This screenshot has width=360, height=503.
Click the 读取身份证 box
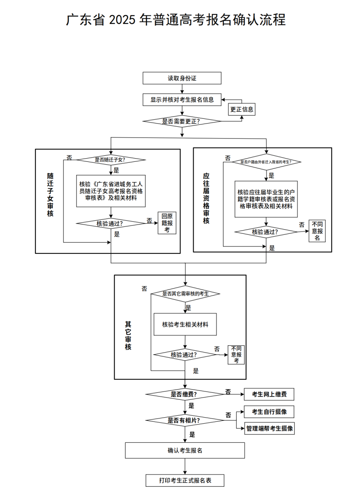pos(182,78)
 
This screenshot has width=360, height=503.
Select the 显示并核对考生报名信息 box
pos(182,100)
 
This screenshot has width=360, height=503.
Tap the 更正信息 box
pos(242,109)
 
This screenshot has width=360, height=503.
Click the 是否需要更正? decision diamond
pos(182,121)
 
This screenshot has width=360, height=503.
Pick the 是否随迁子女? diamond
pos(111,160)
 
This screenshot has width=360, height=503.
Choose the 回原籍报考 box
pos(167,223)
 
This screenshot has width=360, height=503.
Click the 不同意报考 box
pos(236,355)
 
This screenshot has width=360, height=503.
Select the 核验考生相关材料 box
pos(185,324)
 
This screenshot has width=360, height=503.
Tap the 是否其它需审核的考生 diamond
pos(185,294)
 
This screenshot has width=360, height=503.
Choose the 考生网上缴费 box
pos(269,394)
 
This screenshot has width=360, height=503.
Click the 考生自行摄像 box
pos(269,412)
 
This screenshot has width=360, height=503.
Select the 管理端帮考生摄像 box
pos(269,429)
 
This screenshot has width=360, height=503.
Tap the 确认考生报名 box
pos(185,451)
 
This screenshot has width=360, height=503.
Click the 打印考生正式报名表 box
pos(185,480)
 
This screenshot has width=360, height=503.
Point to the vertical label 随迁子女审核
pos(50,195)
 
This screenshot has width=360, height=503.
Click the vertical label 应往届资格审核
pos(206,198)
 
